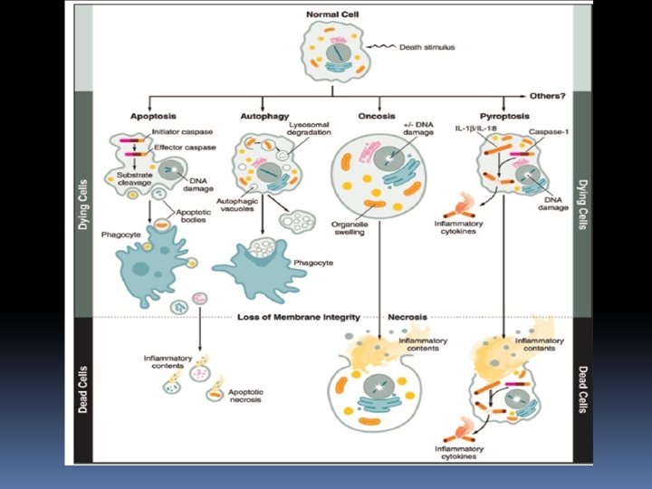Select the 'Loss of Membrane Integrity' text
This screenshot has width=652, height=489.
[299, 317]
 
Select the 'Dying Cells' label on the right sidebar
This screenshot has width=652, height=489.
[580, 203]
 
